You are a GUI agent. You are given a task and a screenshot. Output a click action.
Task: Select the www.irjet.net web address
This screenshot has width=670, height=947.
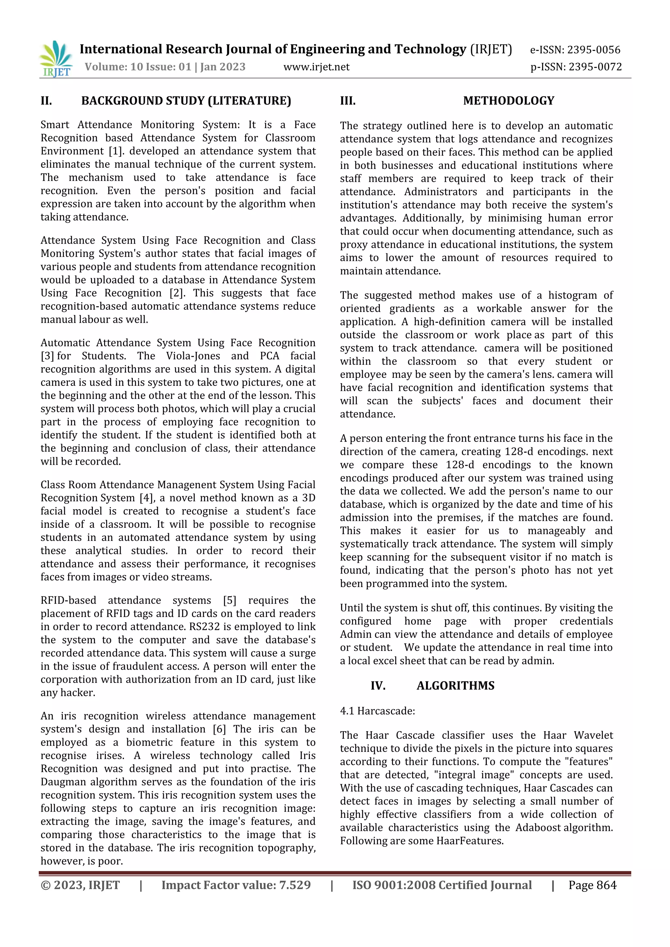click(316, 67)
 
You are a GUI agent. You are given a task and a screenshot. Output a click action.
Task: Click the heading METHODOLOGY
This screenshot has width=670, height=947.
click(508, 101)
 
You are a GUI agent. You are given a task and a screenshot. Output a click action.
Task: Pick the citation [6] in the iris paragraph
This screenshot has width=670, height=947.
click(219, 729)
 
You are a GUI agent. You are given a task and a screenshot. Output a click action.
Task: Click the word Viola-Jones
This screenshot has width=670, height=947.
click(193, 356)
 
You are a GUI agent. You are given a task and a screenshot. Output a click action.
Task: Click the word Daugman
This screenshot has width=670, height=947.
click(63, 782)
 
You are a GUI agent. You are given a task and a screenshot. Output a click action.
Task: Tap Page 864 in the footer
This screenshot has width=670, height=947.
click(592, 885)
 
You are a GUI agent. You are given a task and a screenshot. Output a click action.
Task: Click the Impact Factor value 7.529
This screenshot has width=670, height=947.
click(294, 885)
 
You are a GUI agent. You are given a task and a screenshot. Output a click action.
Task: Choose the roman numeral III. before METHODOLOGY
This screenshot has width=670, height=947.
click(347, 101)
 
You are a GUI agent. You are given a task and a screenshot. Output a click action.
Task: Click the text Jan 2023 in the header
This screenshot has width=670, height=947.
click(222, 67)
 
